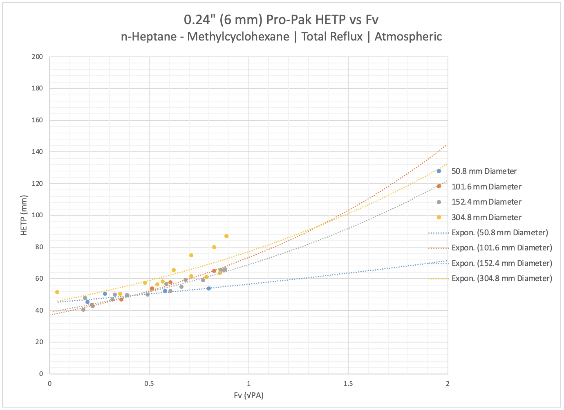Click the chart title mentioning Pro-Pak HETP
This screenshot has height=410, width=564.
(x=281, y=20)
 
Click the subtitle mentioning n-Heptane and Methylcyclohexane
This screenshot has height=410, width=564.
(x=281, y=36)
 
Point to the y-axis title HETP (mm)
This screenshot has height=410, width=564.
(x=24, y=215)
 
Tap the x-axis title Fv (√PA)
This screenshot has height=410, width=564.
(x=248, y=395)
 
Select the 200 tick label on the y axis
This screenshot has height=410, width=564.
(x=37, y=56)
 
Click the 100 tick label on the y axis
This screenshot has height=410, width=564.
(x=37, y=215)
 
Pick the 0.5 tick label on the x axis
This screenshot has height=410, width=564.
(x=149, y=383)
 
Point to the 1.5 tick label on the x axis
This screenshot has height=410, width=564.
(x=348, y=383)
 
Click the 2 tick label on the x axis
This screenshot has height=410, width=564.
(x=448, y=383)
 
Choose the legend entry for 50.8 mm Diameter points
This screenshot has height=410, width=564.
(x=484, y=171)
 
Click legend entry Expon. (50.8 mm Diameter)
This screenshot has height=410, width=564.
(x=499, y=232)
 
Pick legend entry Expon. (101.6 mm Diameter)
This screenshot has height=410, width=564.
(x=501, y=248)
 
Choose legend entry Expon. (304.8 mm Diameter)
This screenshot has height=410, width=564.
(x=501, y=278)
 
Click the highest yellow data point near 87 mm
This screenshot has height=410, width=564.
(x=226, y=236)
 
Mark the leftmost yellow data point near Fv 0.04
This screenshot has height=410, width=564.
(x=57, y=292)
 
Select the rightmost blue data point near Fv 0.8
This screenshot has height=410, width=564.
(x=209, y=288)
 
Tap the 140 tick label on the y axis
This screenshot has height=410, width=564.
(x=37, y=152)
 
